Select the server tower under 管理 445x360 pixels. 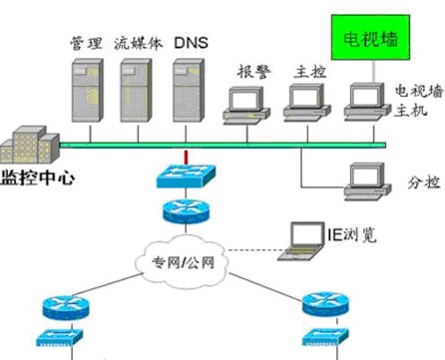pyautogui.click(x=84, y=88)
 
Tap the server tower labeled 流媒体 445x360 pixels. pyautogui.click(x=136, y=88)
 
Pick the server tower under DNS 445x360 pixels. pyautogui.click(x=188, y=88)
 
